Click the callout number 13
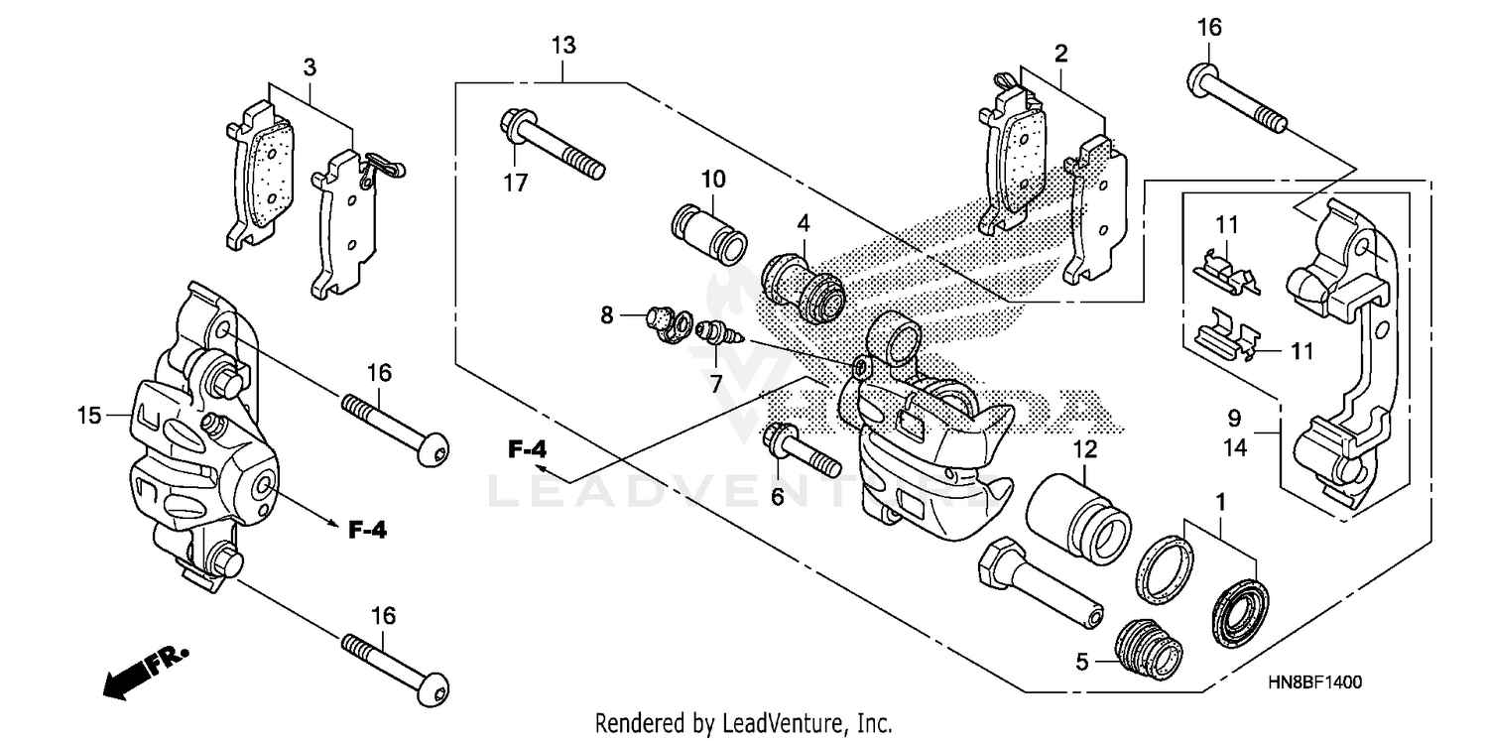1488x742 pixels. [563, 46]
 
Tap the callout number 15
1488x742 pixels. [89, 416]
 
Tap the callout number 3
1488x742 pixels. [310, 67]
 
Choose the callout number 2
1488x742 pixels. [1060, 55]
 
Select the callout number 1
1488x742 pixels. [1221, 503]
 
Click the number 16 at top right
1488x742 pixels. [1208, 28]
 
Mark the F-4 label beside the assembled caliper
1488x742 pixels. [366, 531]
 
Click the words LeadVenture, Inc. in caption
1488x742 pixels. [806, 723]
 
